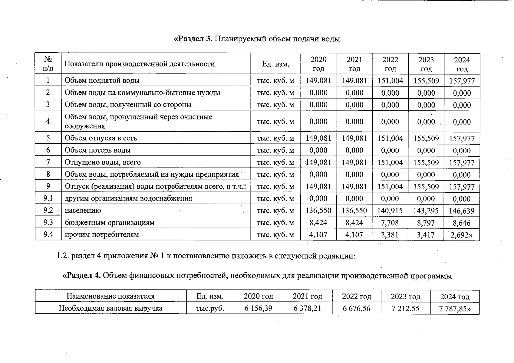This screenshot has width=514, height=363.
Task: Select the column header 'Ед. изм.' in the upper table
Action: point(275,64)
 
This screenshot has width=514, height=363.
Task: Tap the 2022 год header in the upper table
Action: point(390,64)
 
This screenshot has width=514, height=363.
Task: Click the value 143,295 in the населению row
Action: point(426,211)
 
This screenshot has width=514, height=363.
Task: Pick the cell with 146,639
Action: point(462,211)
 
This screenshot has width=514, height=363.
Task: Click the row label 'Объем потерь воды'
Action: point(97,150)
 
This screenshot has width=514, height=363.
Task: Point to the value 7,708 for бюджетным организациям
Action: point(390,223)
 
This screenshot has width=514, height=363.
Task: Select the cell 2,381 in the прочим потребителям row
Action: point(390,235)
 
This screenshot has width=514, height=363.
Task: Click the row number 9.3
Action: point(48,223)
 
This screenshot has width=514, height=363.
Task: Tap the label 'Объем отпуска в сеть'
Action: point(101,138)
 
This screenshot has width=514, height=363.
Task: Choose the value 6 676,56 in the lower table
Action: point(356,309)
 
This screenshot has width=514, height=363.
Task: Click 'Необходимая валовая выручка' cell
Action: point(110,308)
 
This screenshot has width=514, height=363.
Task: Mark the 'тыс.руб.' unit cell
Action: point(210,308)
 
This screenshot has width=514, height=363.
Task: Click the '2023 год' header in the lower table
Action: point(406,296)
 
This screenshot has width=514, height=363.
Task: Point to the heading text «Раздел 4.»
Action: point(82,276)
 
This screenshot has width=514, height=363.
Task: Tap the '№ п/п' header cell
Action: point(48,64)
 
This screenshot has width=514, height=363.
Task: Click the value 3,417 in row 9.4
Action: point(426,235)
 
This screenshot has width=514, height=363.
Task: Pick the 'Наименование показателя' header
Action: point(110,296)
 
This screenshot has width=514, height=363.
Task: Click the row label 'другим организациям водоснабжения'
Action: point(128,198)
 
